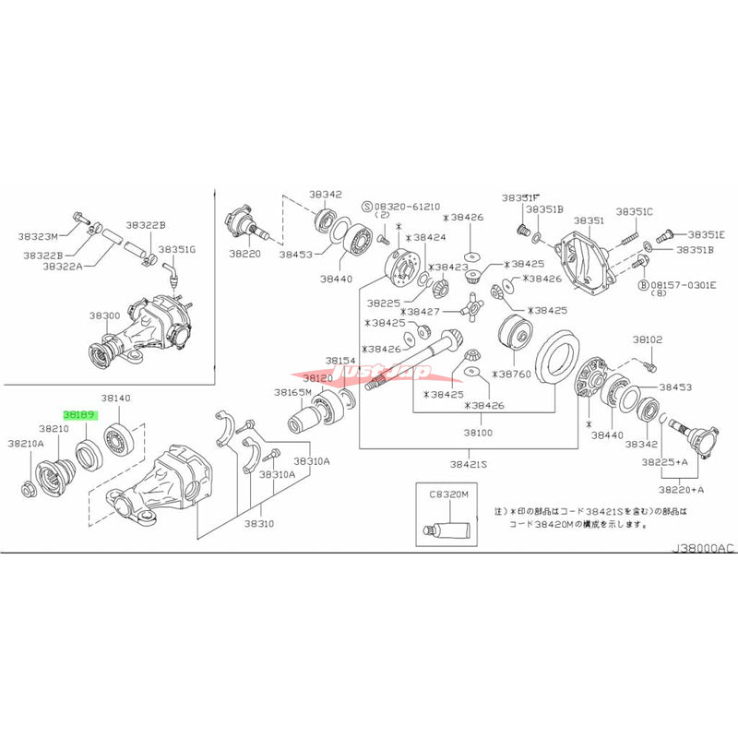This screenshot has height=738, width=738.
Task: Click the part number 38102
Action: (647, 339)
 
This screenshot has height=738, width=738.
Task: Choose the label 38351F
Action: (520, 197)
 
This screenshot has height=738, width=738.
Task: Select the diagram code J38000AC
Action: (702, 548)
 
